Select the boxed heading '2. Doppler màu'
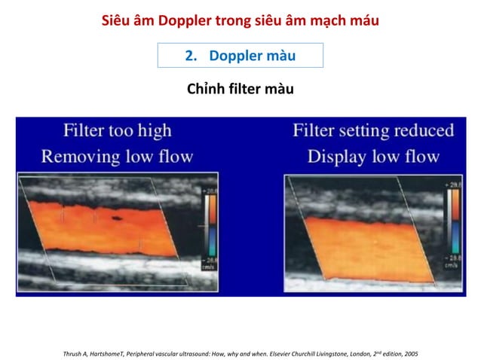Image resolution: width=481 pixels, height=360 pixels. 240,56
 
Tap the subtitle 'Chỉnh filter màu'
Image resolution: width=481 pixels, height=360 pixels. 240,90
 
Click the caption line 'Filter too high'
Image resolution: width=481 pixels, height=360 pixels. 117,130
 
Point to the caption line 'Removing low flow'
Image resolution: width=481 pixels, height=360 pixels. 117,157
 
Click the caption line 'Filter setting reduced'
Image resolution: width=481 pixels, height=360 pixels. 373,130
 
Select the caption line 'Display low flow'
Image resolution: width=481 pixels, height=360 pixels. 373,157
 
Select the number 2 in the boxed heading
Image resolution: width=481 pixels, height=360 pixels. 189,56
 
